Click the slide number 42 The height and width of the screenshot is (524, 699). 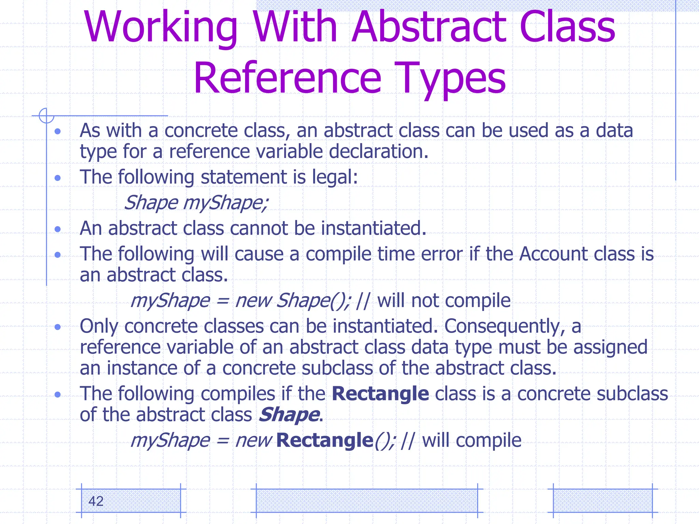96,501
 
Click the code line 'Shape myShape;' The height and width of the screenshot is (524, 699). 196,203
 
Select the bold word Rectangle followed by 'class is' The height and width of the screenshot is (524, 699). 380,394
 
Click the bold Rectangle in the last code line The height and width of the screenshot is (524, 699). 325,440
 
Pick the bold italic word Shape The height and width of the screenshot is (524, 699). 289,415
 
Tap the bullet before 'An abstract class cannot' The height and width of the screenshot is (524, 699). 58,229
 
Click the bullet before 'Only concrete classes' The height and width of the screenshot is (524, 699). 58,327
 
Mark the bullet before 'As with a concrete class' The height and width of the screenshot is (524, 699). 58,131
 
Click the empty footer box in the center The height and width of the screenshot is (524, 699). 367,500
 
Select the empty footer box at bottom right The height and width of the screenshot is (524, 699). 602,500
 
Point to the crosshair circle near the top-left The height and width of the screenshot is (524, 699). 46,115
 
